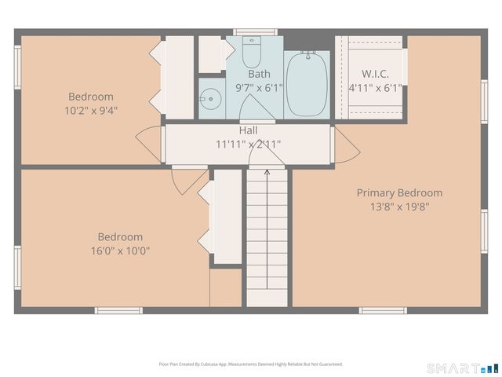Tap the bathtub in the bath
point(307,83)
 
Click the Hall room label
point(248,130)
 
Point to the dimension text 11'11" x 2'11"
point(248,145)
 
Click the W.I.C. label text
point(374,74)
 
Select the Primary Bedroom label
point(399,192)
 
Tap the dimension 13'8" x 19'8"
point(399,207)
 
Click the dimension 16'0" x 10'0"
point(120,251)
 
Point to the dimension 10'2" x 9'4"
point(91,111)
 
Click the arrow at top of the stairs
point(267,173)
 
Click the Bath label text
point(259,74)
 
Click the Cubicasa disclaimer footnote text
point(250,364)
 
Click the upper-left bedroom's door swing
point(149,143)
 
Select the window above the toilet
point(255,32)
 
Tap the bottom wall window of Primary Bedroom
point(383,310)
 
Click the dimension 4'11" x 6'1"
point(374,89)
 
